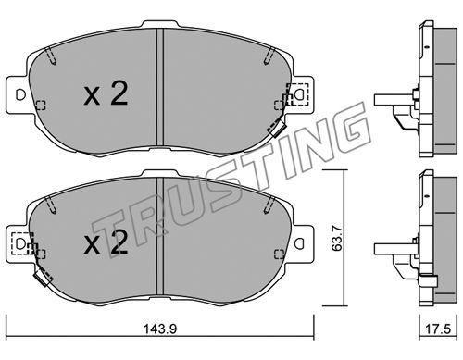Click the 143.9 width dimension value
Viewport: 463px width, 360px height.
(x=160, y=329)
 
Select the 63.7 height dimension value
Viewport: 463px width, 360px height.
(x=337, y=238)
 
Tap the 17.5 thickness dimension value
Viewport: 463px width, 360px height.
(x=438, y=329)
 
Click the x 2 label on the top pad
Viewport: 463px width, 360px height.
(x=106, y=94)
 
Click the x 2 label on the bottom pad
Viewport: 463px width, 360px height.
(x=106, y=242)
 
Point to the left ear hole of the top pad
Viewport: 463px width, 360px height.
(x=20, y=94)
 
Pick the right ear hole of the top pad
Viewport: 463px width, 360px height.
(x=299, y=94)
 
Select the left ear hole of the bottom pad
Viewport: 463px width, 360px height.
(x=20, y=243)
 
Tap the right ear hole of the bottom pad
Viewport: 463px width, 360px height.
(x=299, y=243)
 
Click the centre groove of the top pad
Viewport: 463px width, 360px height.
(x=160, y=87)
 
